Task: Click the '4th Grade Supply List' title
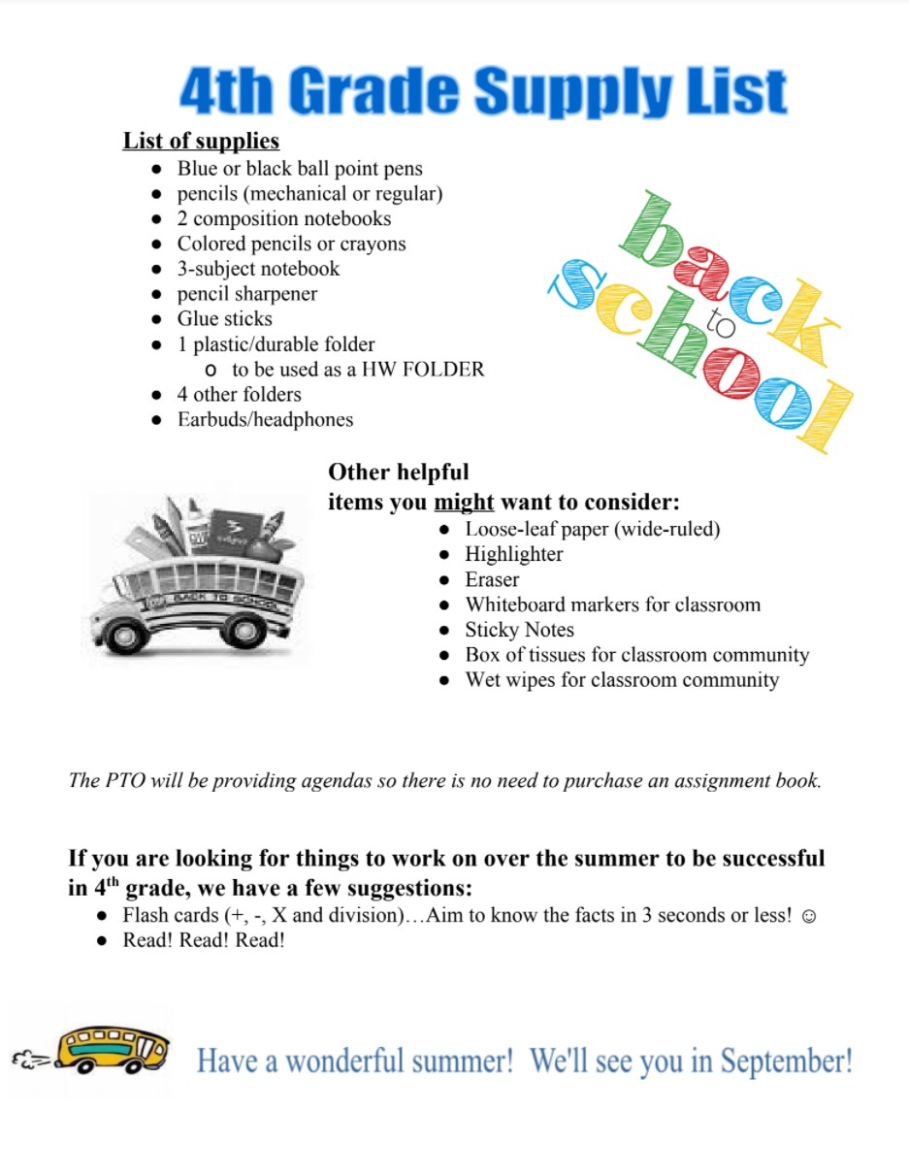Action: pyautogui.click(x=482, y=92)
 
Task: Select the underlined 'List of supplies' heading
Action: pyautogui.click(x=201, y=141)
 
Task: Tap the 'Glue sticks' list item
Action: pyautogui.click(x=224, y=319)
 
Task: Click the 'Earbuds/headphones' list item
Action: pyautogui.click(x=265, y=420)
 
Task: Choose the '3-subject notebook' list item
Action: pyautogui.click(x=258, y=269)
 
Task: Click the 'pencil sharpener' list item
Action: pyautogui.click(x=246, y=294)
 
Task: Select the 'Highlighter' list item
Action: pyautogui.click(x=513, y=555)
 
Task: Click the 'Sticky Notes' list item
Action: pyautogui.click(x=519, y=630)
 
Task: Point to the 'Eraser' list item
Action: pyautogui.click(x=492, y=580)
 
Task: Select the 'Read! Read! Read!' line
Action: pyautogui.click(x=204, y=941)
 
